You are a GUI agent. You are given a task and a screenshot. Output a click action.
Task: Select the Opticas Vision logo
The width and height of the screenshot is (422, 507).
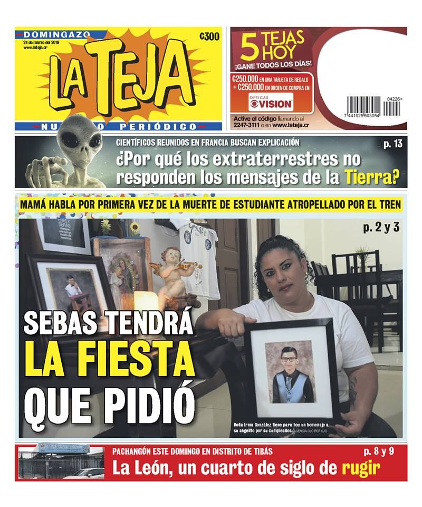click(270, 102)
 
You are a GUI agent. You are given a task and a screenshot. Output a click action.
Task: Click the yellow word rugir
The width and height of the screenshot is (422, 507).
click(361, 468)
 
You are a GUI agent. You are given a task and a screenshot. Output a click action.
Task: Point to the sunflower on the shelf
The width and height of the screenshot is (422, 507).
click(135, 228)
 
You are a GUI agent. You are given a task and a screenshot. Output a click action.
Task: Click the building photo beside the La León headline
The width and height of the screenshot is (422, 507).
click(61, 464)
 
